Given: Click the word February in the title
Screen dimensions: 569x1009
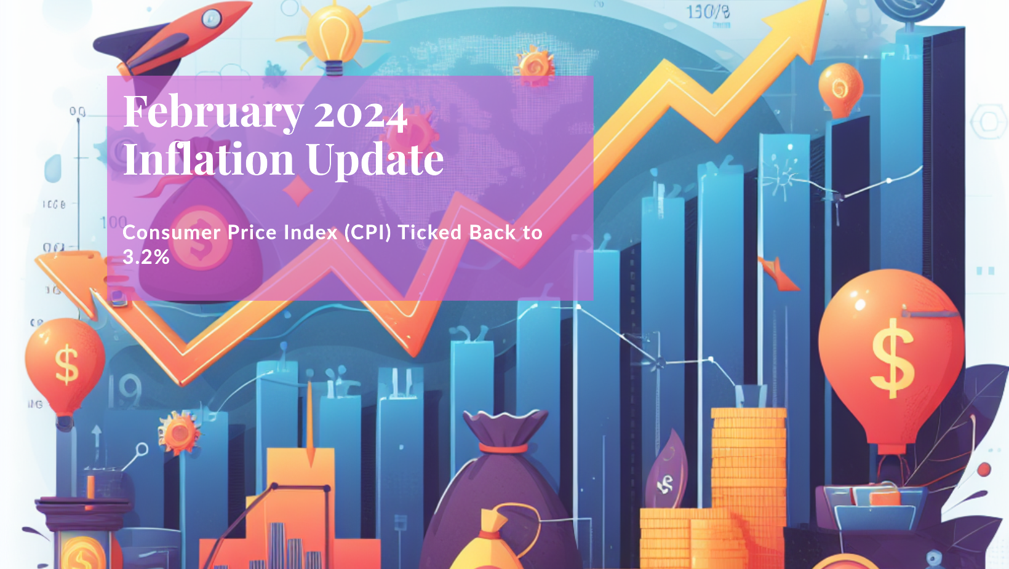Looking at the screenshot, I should coord(213,113).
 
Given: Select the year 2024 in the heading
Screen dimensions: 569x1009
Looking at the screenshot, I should coord(361,114).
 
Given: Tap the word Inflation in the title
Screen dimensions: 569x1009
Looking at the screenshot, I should coord(209,159).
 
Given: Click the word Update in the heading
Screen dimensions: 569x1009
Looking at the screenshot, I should coord(375,159).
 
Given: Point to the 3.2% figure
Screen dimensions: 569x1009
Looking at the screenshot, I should coord(146,257).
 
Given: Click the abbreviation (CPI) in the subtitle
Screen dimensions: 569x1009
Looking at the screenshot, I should coord(367,233).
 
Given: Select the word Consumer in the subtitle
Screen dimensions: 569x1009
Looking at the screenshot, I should coord(172,233).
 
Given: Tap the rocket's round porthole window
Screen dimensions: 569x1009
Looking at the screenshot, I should coord(211,18).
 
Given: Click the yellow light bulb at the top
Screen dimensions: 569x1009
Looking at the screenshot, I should coord(334,34).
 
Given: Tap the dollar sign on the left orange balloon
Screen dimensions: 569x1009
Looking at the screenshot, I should coord(66,364).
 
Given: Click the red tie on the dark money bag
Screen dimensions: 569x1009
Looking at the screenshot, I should coord(503,448).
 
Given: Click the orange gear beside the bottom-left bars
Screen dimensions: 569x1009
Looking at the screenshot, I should coord(179,432).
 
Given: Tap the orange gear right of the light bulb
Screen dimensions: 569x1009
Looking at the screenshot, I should coord(533,65).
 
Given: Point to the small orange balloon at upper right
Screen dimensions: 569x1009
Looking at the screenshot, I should coord(840,89).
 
